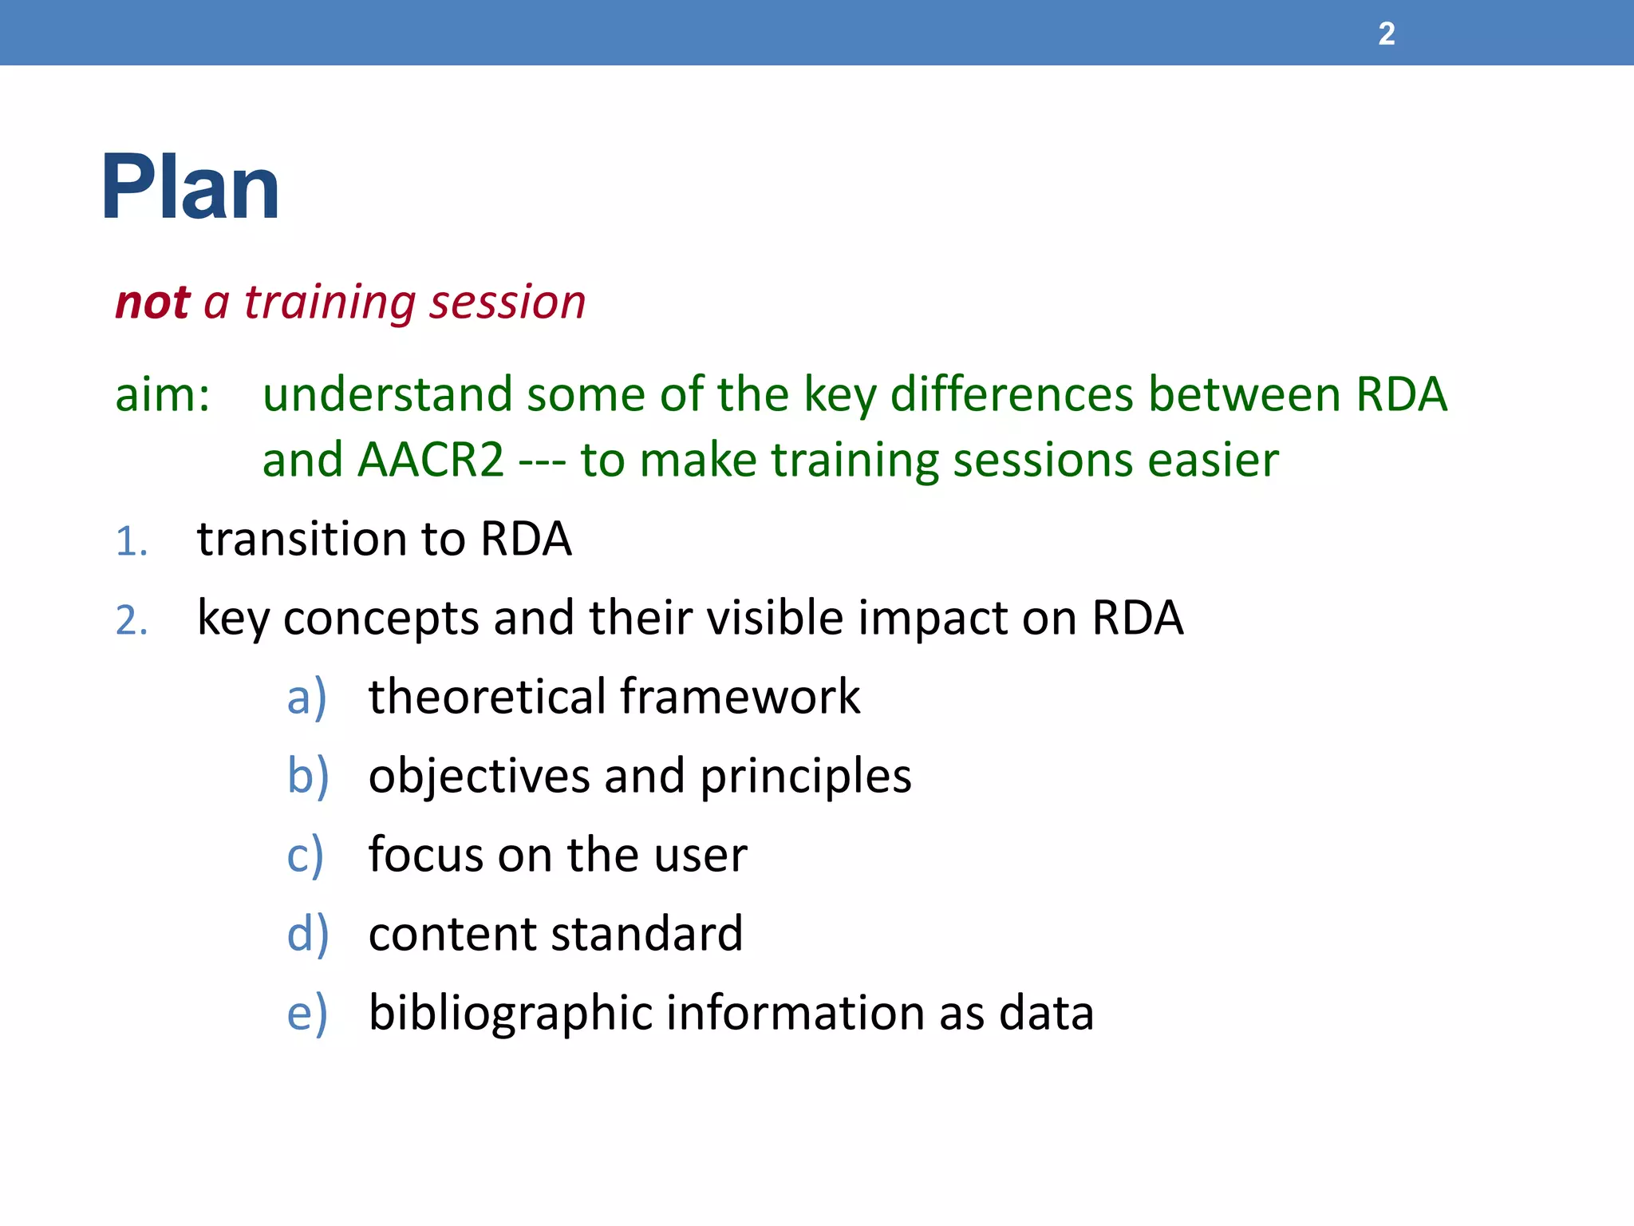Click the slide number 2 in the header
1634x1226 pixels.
click(x=1387, y=34)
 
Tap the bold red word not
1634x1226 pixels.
click(x=152, y=303)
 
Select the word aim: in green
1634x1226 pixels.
click(x=163, y=395)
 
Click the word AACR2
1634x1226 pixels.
click(x=431, y=461)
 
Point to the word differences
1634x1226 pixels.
click(x=1012, y=395)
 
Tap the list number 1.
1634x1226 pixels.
click(x=132, y=542)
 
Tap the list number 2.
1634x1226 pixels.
click(x=132, y=620)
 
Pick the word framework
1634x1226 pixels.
click(x=740, y=697)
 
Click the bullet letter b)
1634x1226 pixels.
click(x=307, y=776)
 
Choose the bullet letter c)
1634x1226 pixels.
click(x=305, y=856)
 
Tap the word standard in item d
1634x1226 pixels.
click(x=645, y=934)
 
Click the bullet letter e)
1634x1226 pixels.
click(x=306, y=1014)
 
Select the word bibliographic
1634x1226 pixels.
click(x=511, y=1014)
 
